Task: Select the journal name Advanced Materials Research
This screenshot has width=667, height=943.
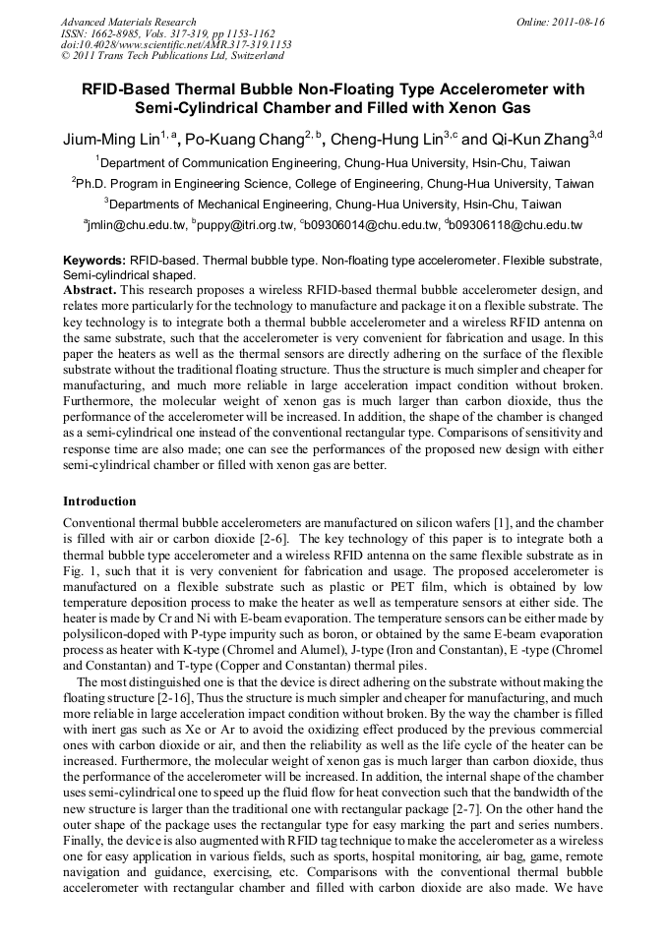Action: click(x=128, y=22)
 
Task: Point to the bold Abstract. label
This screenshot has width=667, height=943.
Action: click(x=90, y=291)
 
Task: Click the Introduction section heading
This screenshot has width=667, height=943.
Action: click(x=99, y=501)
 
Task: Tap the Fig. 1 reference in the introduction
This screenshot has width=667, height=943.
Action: click(x=78, y=571)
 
